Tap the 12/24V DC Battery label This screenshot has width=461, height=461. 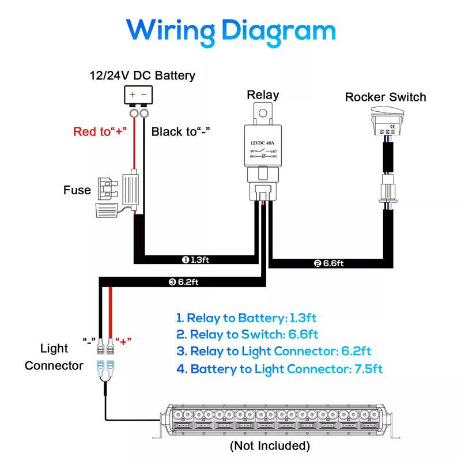click(x=142, y=75)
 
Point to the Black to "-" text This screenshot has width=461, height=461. click(x=179, y=131)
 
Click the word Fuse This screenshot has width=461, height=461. click(x=77, y=190)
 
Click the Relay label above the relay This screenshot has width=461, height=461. click(x=263, y=95)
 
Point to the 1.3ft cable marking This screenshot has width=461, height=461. click(x=196, y=260)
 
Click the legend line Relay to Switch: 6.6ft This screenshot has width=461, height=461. click(x=247, y=334)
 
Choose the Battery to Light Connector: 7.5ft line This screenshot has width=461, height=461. click(x=279, y=369)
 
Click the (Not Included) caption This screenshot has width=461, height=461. click(x=270, y=445)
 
